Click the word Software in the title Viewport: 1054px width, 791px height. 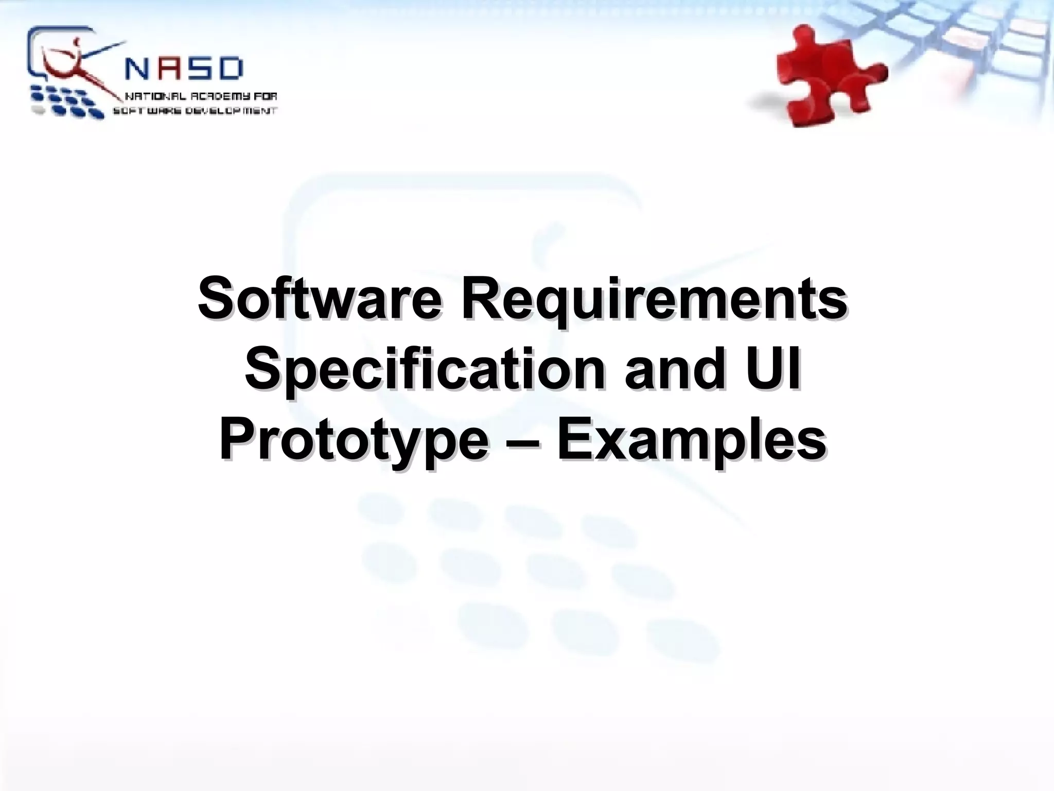(319, 299)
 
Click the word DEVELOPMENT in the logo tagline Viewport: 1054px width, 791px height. (230, 111)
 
